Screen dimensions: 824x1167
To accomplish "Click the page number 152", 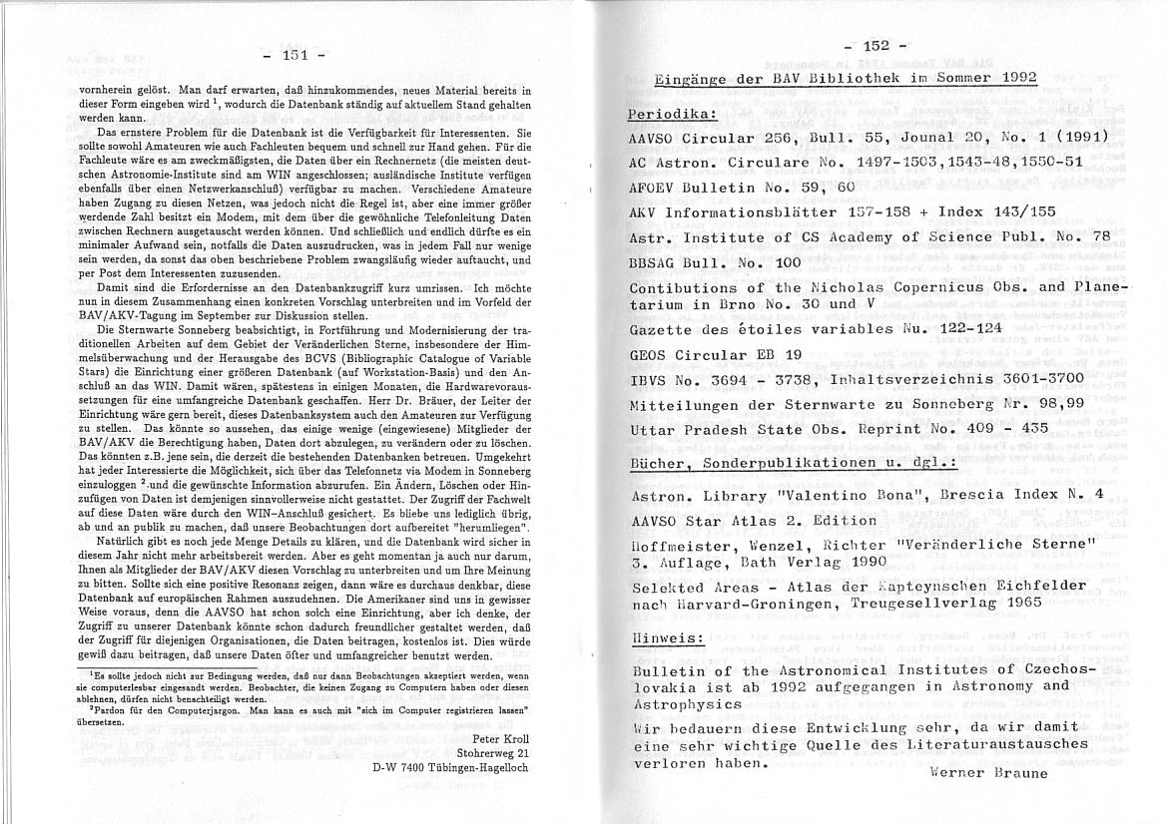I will [x=875, y=45].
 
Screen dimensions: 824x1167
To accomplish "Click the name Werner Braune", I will [x=988, y=772].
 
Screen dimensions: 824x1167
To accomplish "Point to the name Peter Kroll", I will [x=499, y=739].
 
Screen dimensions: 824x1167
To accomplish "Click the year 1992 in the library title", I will [x=1014, y=79].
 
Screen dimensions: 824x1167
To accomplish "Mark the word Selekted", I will [x=667, y=588].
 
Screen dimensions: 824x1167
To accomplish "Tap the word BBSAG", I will [x=654, y=262].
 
